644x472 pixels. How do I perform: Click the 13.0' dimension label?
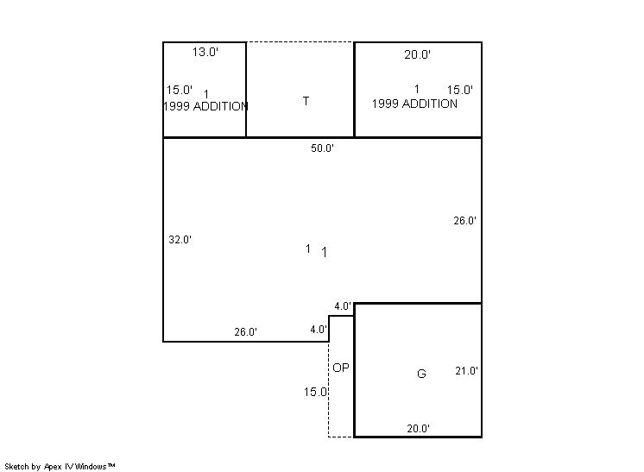click(205, 52)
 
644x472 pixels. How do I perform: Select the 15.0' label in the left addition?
click(179, 90)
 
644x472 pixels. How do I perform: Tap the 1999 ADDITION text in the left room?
click(205, 106)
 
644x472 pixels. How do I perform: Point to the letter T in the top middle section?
click(306, 101)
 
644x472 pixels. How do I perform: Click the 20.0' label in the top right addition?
click(417, 54)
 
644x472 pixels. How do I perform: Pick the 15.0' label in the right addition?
click(460, 90)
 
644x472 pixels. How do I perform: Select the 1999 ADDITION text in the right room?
click(415, 104)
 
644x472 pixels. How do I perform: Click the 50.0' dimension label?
click(322, 148)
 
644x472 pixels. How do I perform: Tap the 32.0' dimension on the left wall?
click(180, 240)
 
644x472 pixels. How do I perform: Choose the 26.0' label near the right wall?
click(465, 221)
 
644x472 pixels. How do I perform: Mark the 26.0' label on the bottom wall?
click(246, 331)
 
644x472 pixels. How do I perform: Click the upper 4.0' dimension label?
click(343, 306)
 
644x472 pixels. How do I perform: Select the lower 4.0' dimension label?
click(319, 330)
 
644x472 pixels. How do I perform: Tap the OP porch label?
click(341, 368)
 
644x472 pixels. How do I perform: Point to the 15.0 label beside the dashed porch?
click(315, 392)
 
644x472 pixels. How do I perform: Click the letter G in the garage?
click(421, 374)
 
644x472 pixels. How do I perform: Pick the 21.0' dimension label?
click(466, 371)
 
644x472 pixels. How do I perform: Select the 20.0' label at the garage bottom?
click(419, 429)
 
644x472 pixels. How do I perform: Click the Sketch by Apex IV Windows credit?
click(60, 467)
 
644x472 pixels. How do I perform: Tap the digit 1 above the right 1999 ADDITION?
click(417, 89)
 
